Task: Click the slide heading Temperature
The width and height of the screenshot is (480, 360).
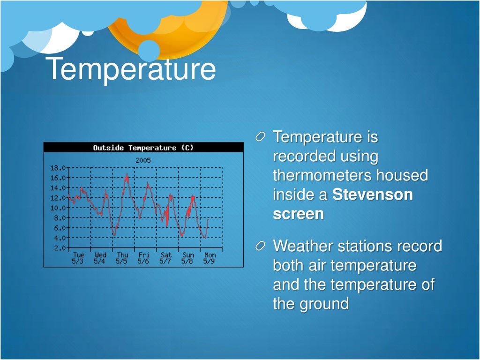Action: pos(132,68)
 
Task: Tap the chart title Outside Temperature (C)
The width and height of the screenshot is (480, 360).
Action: pos(143,148)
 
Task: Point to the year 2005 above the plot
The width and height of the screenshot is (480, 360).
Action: pos(143,160)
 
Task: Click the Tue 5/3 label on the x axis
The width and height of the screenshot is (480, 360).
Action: pos(78,258)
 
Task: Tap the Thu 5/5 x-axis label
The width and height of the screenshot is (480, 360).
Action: pos(122,258)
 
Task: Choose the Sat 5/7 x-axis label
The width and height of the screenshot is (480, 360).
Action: pos(165,258)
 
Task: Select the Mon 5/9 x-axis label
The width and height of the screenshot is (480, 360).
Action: pos(210,258)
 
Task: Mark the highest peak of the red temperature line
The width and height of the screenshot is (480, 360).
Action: pos(126,174)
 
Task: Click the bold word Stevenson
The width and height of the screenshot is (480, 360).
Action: pos(373,195)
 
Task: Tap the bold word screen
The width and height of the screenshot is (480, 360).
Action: pos(298,214)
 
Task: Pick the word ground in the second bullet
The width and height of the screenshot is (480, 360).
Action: pos(323,304)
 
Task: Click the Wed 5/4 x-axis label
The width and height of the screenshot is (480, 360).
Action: pos(100,258)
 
